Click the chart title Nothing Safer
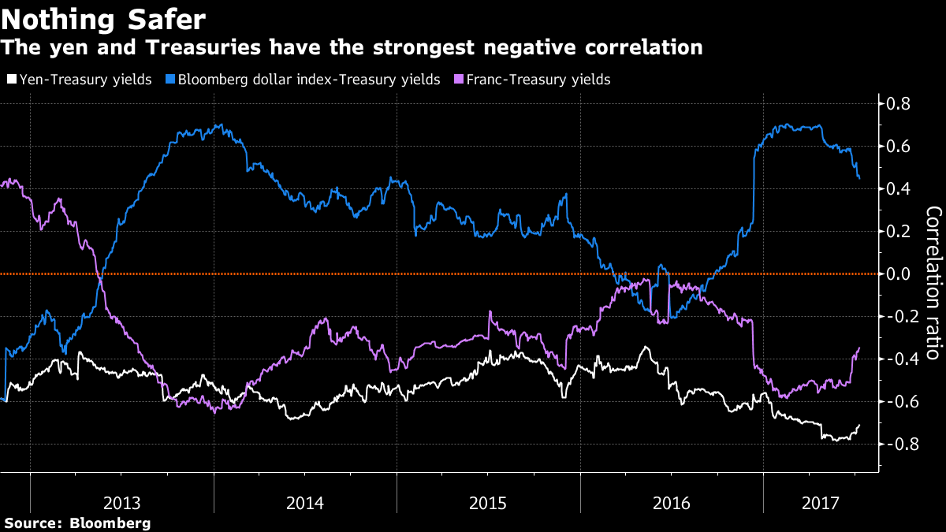tap(103, 18)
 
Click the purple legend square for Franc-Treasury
tap(459, 80)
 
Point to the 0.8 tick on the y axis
tap(900, 104)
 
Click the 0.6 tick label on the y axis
tap(900, 147)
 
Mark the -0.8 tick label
tap(899, 445)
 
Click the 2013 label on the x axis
tap(123, 503)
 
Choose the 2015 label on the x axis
tap(489, 503)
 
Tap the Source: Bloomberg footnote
tap(76, 523)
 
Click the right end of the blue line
tap(858, 177)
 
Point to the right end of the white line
tap(858, 426)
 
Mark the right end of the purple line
tap(858, 348)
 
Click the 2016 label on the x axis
tap(672, 503)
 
